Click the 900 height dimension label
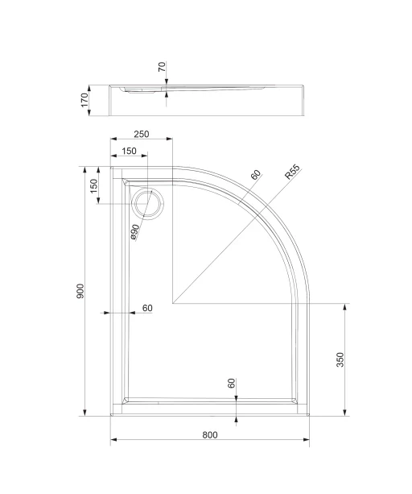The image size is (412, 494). [x=80, y=291]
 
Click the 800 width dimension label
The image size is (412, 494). [x=210, y=435]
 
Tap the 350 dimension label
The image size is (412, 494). [x=340, y=359]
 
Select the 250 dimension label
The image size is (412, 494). [x=142, y=134]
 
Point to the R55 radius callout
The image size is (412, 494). [x=292, y=172]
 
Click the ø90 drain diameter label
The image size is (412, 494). [x=134, y=232]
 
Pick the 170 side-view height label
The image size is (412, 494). [x=84, y=100]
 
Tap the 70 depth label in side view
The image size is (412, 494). [x=162, y=67]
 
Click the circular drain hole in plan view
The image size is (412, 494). [x=148, y=204]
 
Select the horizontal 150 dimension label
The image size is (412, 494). [x=129, y=151]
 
